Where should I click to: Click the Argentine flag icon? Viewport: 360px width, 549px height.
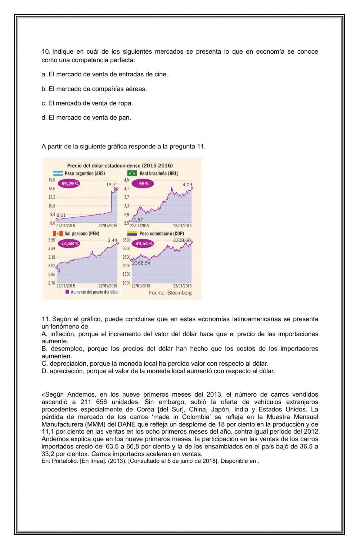click(x=58, y=173)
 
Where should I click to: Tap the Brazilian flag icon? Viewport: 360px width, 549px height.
click(x=132, y=173)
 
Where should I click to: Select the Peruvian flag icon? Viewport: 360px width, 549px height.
click(x=58, y=233)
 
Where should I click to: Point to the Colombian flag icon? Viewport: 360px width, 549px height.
click(x=132, y=233)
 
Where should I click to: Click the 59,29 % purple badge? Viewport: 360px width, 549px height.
click(x=70, y=183)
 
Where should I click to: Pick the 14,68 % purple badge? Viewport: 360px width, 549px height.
click(x=70, y=244)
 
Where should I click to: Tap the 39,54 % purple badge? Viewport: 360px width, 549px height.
click(x=144, y=244)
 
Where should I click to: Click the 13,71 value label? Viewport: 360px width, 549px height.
click(x=112, y=184)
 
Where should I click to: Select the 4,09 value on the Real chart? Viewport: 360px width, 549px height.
click(x=187, y=184)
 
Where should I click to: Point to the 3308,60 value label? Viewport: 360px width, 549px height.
click(x=182, y=240)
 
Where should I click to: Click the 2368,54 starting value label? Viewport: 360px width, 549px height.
click(x=141, y=263)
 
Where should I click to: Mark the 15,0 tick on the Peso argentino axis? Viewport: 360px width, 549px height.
click(x=52, y=179)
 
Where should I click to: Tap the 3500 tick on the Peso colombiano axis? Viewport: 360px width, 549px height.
click(x=126, y=240)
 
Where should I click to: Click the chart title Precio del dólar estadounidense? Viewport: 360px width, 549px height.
click(x=120, y=166)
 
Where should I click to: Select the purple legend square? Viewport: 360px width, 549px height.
click(x=67, y=292)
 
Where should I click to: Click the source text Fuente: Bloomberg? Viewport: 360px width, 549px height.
click(x=170, y=293)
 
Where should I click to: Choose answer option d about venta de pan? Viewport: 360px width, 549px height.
click(x=86, y=117)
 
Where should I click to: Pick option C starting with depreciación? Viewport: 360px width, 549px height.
click(x=155, y=363)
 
